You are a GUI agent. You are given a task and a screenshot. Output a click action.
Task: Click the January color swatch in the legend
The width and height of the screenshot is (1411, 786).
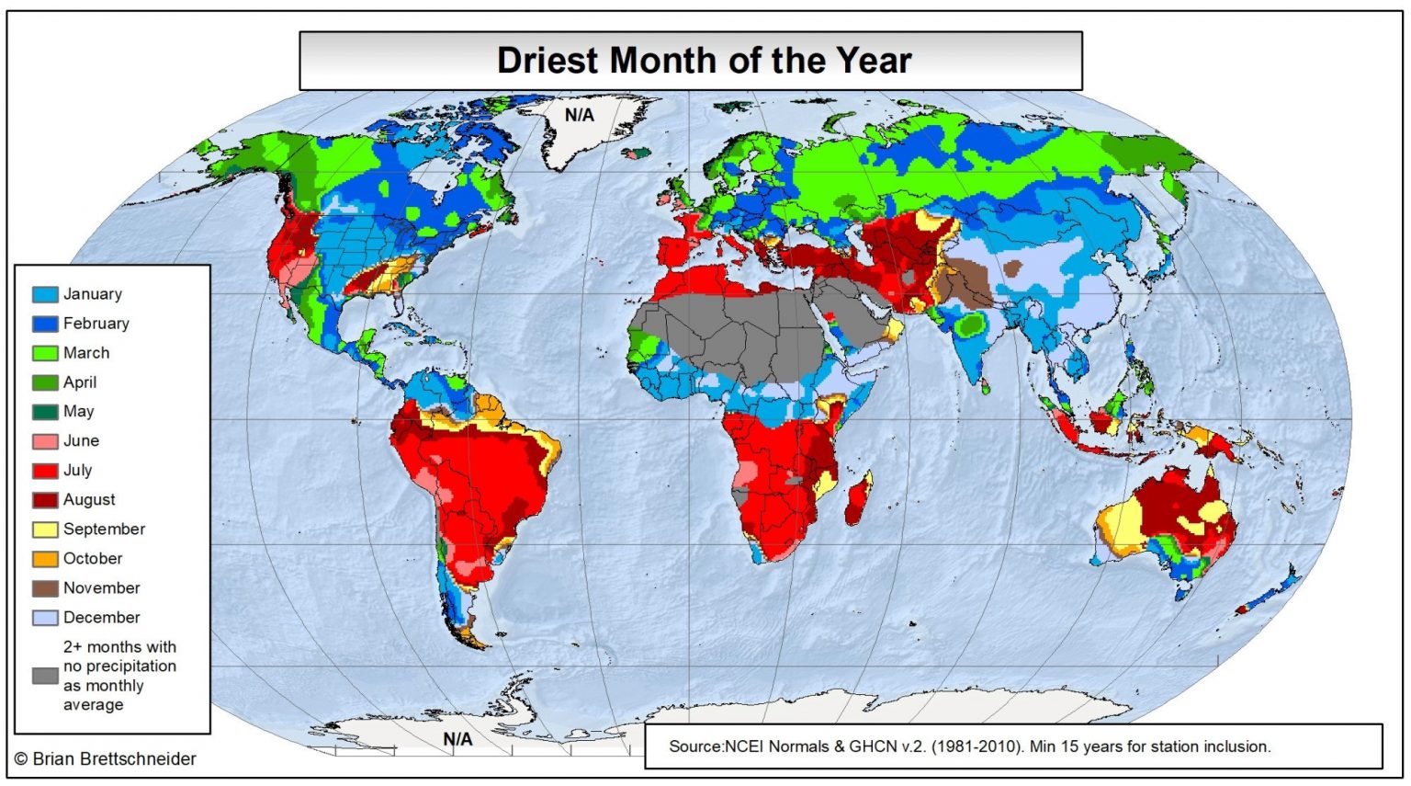[x=45, y=294]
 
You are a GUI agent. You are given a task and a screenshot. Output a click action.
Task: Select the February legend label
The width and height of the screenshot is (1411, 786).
[x=96, y=324]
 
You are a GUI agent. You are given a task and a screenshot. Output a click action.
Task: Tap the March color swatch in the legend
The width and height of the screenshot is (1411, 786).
[x=45, y=353]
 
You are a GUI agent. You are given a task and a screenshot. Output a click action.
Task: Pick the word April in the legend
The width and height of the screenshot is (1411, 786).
[x=80, y=382]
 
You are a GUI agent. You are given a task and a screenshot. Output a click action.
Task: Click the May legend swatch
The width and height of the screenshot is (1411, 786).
[x=45, y=412]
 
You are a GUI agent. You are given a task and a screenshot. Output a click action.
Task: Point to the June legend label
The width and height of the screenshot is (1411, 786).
[x=81, y=441]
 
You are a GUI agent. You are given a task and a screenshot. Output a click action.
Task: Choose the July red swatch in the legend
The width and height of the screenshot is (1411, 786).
[x=45, y=471]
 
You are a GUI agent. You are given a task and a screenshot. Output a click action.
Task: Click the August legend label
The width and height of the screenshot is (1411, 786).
[x=89, y=500]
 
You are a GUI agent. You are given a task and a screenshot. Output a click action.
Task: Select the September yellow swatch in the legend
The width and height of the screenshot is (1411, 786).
[x=45, y=530]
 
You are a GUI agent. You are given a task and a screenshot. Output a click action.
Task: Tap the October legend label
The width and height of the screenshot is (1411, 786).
[x=92, y=559]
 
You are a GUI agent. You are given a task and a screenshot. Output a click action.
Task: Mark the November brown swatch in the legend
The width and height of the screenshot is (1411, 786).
[x=45, y=588]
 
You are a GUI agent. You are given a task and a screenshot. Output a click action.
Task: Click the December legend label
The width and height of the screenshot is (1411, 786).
[x=101, y=618]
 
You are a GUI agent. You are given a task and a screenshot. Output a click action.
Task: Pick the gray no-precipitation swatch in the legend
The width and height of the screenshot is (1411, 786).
[x=45, y=676]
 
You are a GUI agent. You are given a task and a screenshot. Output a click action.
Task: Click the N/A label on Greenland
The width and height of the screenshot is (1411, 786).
[x=579, y=115]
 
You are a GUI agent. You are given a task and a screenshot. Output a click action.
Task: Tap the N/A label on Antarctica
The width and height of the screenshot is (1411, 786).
[x=457, y=739]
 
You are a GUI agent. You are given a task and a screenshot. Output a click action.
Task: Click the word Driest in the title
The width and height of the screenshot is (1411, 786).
[x=548, y=61]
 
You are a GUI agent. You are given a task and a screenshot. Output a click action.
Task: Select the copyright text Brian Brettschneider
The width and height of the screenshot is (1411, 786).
[x=114, y=759]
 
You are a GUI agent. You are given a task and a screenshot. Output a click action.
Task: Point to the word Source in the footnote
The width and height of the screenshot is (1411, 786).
[x=696, y=746]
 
